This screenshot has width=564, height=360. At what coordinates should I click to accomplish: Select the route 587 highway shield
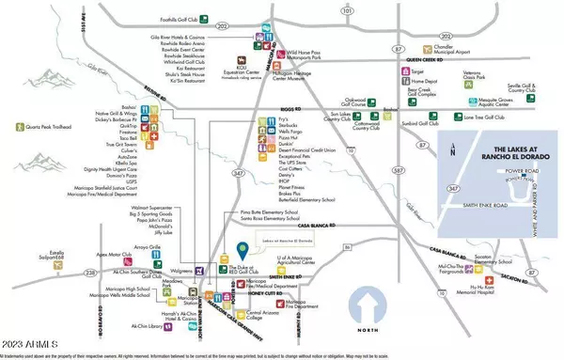[373, 170]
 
